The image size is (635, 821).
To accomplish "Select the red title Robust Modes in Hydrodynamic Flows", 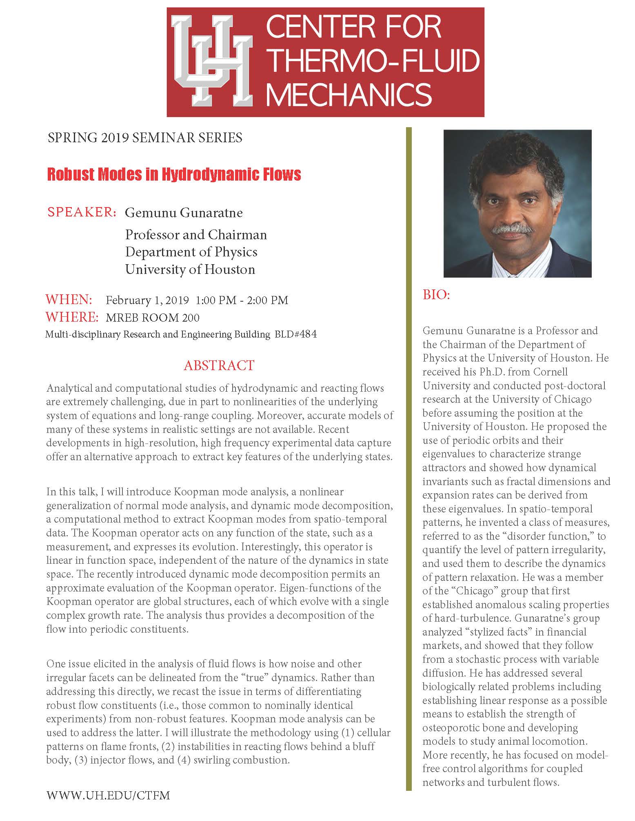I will pos(174,174).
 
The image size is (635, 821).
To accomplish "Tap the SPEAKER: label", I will pos(82,212).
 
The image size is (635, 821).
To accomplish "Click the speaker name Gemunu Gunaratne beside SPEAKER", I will pos(184,213).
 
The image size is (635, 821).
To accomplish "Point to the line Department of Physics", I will pos(191,252).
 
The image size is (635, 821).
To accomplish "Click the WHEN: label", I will pos(69,300).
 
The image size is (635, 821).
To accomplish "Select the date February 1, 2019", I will pos(147,300).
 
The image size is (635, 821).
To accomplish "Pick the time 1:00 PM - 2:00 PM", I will pos(242,300).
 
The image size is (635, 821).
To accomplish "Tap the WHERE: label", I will pos(72,317).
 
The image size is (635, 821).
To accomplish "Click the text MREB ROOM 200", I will pos(153,318).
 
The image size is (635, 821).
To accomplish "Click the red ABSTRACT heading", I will pos(219,365).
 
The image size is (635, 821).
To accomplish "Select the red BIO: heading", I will pos(436,295).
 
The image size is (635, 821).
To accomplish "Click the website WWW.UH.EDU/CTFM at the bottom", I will pos(108,795).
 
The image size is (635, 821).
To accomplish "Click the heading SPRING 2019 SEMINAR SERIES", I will pos(145,138).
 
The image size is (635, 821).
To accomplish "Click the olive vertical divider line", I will pos(409,448).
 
